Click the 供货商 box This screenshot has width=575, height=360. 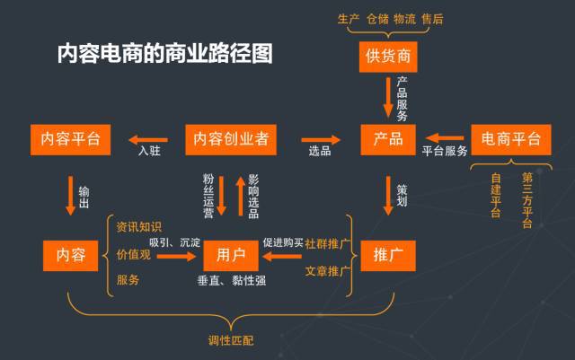coord(388,57)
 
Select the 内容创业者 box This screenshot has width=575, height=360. coord(231,140)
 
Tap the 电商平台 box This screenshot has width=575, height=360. coord(511,140)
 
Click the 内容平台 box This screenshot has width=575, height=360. coord(70,140)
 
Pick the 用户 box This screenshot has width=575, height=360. coord(231,256)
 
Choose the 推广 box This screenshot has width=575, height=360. coord(388,256)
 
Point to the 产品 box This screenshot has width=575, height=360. coord(388,140)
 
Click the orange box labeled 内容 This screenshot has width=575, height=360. coord(70,256)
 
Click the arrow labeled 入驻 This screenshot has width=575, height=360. coord(148,140)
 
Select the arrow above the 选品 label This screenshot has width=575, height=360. coord(321,140)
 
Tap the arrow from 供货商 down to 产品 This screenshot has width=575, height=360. coord(388,97)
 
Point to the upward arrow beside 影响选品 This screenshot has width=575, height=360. coord(241,196)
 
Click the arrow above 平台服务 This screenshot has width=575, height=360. coord(445,138)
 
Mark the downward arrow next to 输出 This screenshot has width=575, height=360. coord(70,196)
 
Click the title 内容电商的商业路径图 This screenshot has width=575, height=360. coord(164,54)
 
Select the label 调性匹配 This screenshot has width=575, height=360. coord(231,340)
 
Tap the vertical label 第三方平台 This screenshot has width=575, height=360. coord(527,200)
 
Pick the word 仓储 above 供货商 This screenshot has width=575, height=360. coord(377,19)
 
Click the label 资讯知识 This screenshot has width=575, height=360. coord(139,227)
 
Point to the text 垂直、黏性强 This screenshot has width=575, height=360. coord(232,281)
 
